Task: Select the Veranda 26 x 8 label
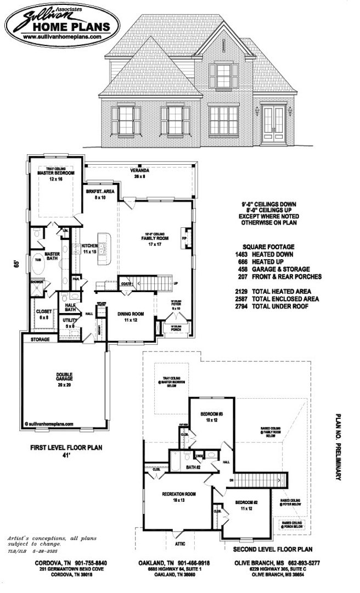(140, 174)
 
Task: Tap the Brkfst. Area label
(100, 194)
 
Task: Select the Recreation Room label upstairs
(176, 497)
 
